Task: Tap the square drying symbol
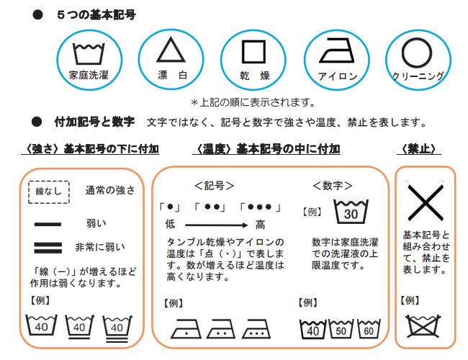point(253,41)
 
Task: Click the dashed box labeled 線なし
point(49,181)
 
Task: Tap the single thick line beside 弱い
point(48,224)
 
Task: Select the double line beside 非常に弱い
point(48,248)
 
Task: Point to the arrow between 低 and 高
point(217,225)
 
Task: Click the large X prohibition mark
point(426,202)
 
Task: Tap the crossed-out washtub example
point(423,326)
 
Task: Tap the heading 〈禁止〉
point(419,148)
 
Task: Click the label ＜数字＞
point(333,186)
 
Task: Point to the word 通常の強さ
point(110,190)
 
